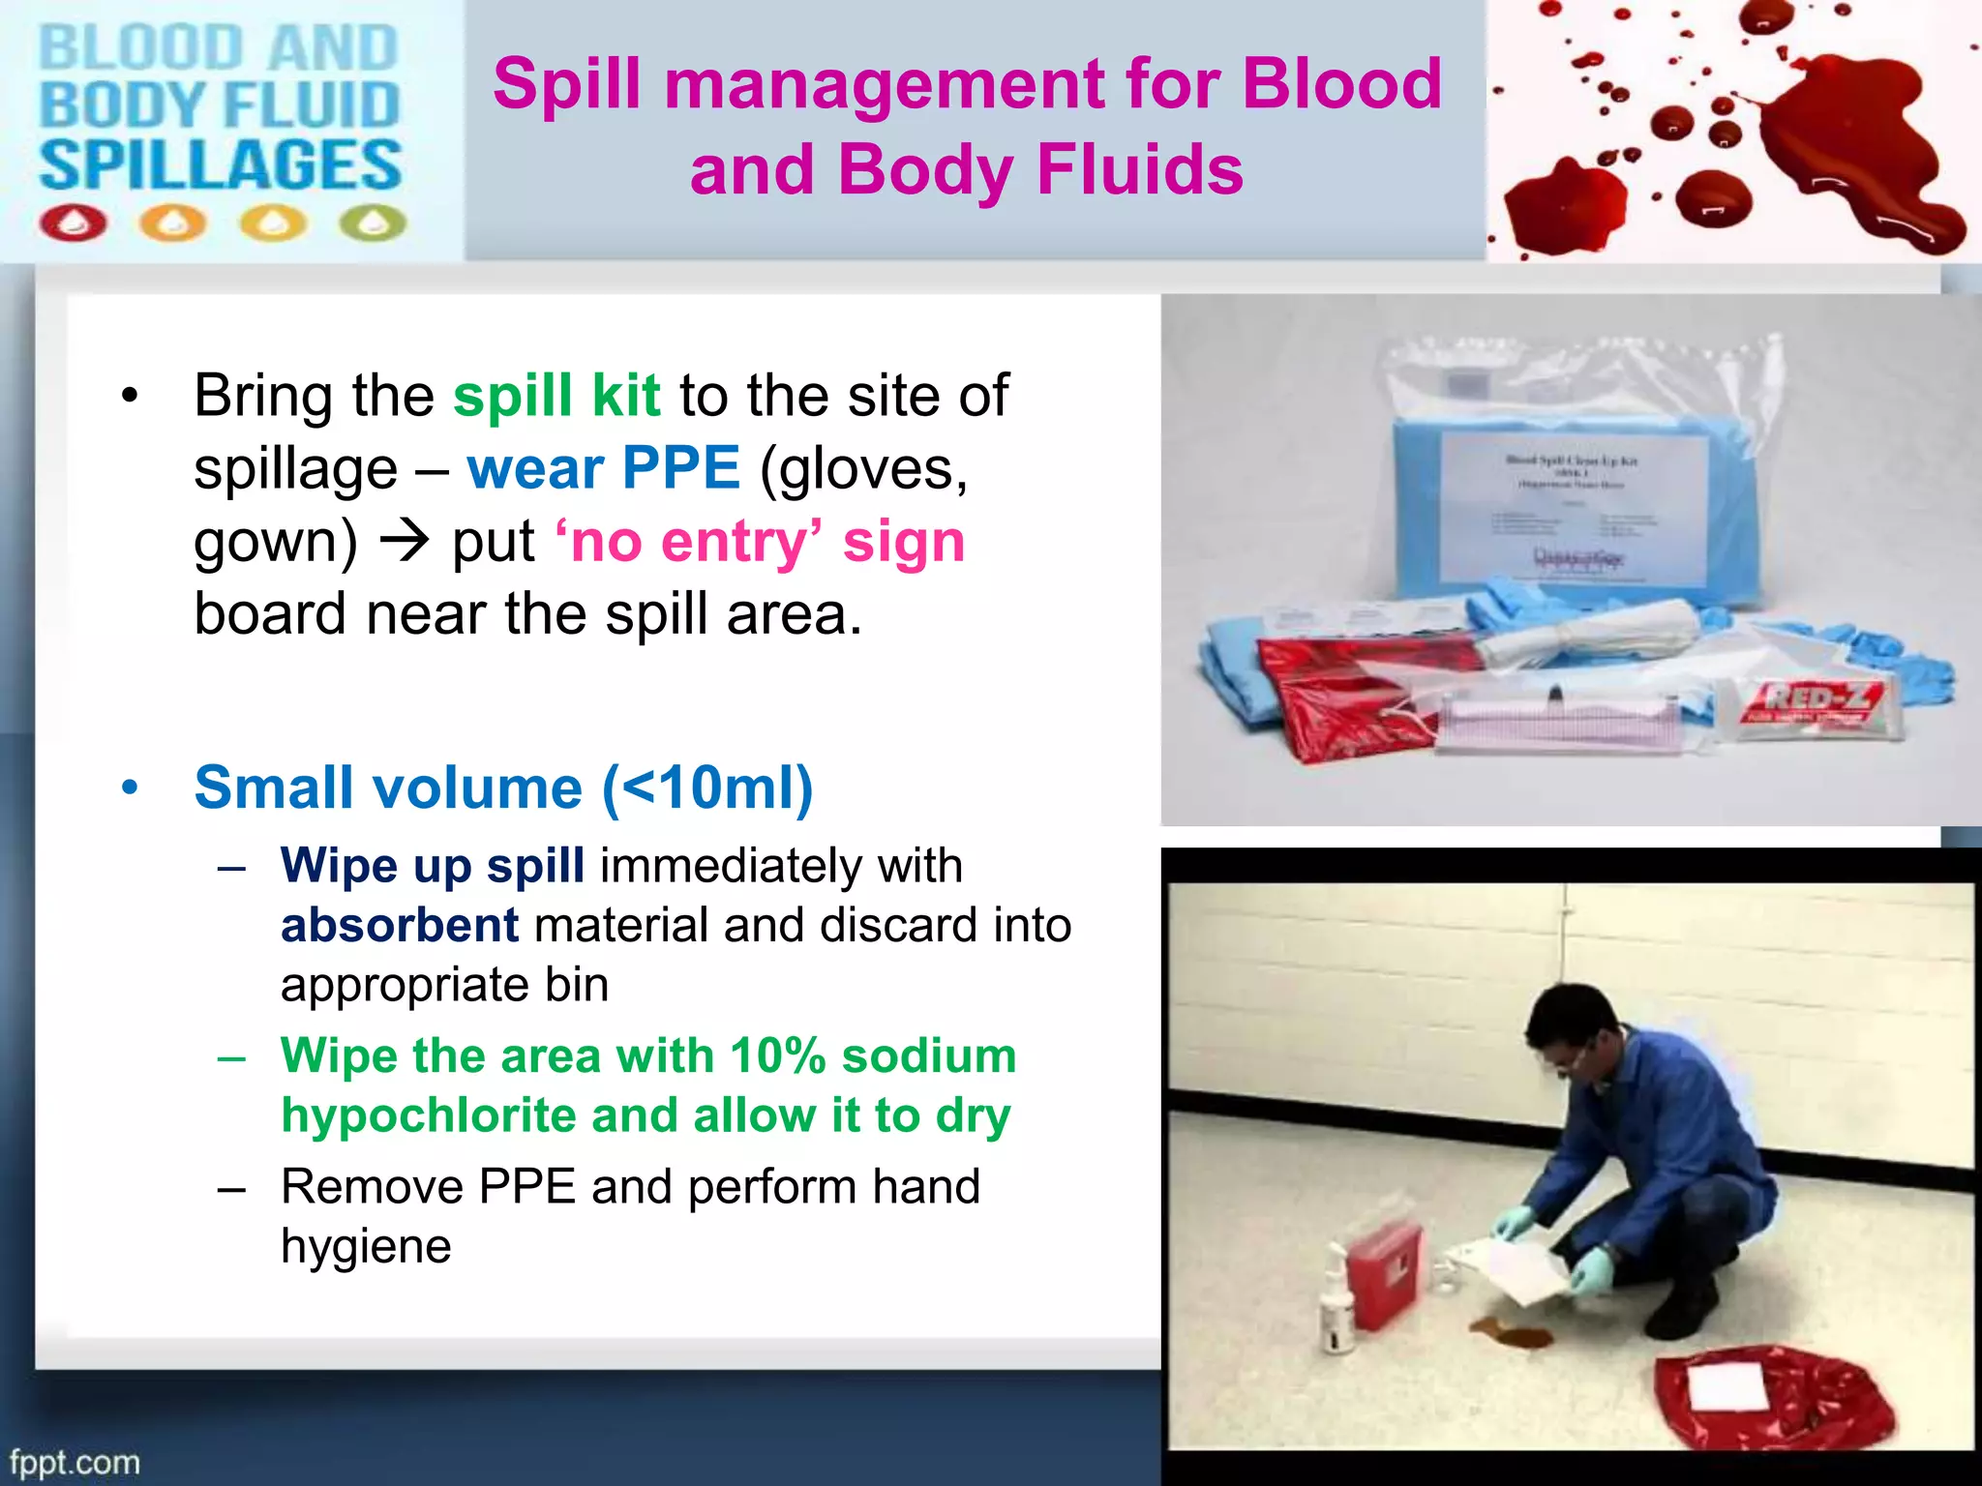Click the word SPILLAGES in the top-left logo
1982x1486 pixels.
[x=220, y=164]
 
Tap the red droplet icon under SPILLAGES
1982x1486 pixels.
[x=73, y=223]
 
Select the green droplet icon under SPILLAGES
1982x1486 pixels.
[x=374, y=223]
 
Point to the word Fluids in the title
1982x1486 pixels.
[x=1139, y=169]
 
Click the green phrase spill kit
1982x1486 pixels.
[x=556, y=396]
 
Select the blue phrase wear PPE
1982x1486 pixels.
[x=604, y=468]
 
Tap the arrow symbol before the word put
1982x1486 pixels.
[x=404, y=541]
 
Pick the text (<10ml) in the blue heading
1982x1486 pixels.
[x=707, y=788]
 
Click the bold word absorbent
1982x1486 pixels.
[x=400, y=925]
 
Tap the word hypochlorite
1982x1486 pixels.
[x=429, y=1115]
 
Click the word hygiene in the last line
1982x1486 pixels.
[x=366, y=1246]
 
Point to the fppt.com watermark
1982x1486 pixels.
[x=75, y=1462]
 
